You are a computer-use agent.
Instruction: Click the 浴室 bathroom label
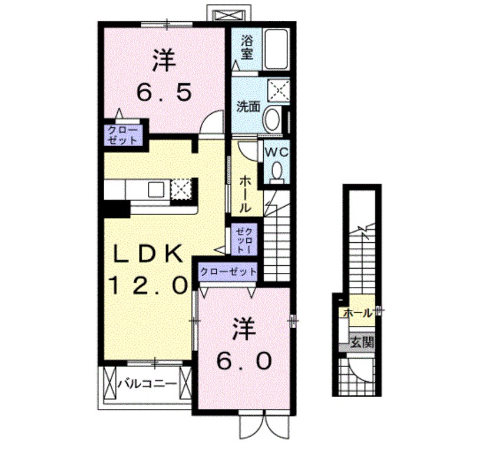246,47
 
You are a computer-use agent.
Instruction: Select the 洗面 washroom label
249,107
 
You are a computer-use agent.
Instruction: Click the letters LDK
147,253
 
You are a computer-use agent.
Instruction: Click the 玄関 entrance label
360,341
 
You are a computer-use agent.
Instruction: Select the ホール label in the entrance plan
357,313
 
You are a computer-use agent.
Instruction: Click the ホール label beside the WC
245,195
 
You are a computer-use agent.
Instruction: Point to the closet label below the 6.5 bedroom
124,135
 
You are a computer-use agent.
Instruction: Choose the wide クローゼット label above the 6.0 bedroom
228,272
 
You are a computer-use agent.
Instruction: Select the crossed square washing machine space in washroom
275,89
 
